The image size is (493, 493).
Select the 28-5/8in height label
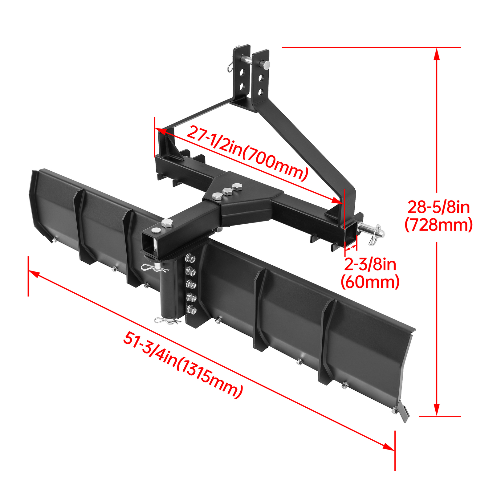coord(438,207)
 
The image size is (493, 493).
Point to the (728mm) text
coord(438,225)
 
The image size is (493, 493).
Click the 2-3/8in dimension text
coord(370,264)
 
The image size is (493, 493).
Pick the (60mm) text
coord(370,282)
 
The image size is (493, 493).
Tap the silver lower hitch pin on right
coord(370,229)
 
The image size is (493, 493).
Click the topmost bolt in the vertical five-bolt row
coord(190,258)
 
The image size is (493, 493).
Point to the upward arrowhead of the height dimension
coord(436,54)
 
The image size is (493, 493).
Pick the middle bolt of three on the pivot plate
coord(228,192)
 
